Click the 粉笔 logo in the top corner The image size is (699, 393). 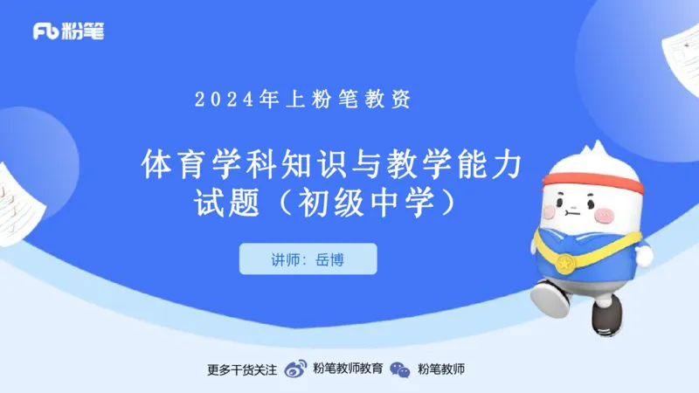pos(68,31)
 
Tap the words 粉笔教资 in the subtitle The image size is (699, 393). pos(371,100)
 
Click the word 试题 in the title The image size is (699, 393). pos(228,203)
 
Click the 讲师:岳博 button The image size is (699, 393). pos(308,259)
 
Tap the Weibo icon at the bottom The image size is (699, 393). pos(297,369)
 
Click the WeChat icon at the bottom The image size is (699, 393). pos(400,369)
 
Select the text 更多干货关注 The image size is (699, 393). pos(241,369)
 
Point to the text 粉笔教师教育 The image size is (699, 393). pos(347,369)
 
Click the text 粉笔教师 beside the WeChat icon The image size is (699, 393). pos(440,369)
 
